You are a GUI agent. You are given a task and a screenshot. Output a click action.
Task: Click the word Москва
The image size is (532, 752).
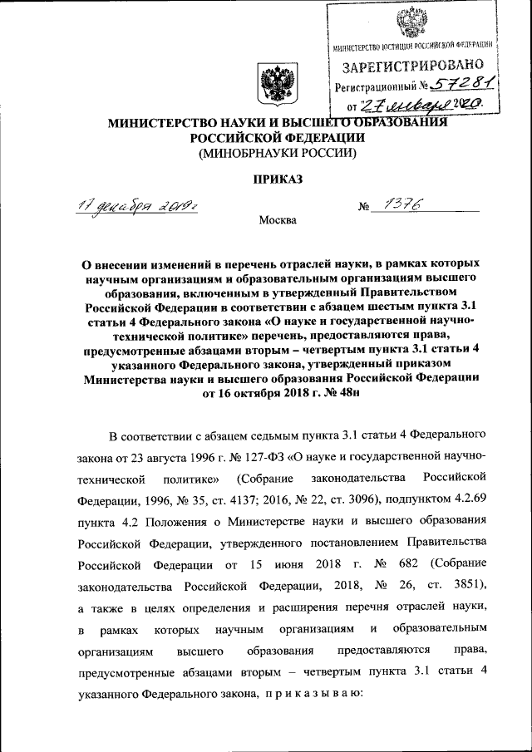coord(277,221)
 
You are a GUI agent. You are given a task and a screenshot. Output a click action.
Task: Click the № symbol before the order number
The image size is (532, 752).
coord(363,208)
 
